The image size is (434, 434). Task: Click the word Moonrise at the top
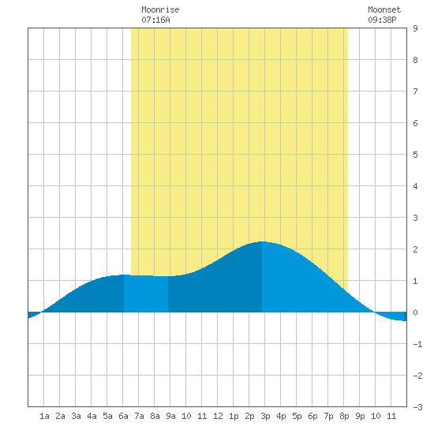[x=160, y=9]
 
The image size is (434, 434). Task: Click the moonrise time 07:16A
[x=155, y=20]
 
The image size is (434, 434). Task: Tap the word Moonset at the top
[x=384, y=9]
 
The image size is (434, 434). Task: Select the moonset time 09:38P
[x=382, y=20]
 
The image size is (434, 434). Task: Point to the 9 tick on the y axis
[x=415, y=28]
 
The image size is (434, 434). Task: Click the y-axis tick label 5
[x=415, y=155]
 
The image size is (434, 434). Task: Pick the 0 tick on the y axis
[x=415, y=312]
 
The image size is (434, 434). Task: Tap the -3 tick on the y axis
[x=417, y=407]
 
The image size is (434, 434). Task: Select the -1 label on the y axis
[x=417, y=344]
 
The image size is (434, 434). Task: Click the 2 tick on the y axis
[x=415, y=249]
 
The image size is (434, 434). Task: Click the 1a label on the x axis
[x=44, y=416]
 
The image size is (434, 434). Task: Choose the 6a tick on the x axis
[x=123, y=416]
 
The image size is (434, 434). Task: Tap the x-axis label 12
[x=218, y=416]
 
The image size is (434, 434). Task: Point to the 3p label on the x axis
[x=265, y=416]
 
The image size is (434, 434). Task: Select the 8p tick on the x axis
[x=344, y=416]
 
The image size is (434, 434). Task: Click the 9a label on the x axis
[x=170, y=416]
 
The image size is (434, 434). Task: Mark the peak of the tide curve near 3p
[x=262, y=241]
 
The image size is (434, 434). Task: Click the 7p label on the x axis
[x=328, y=416]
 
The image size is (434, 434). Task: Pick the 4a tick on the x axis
[x=92, y=416]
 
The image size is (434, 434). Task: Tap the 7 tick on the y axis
[x=415, y=92]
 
